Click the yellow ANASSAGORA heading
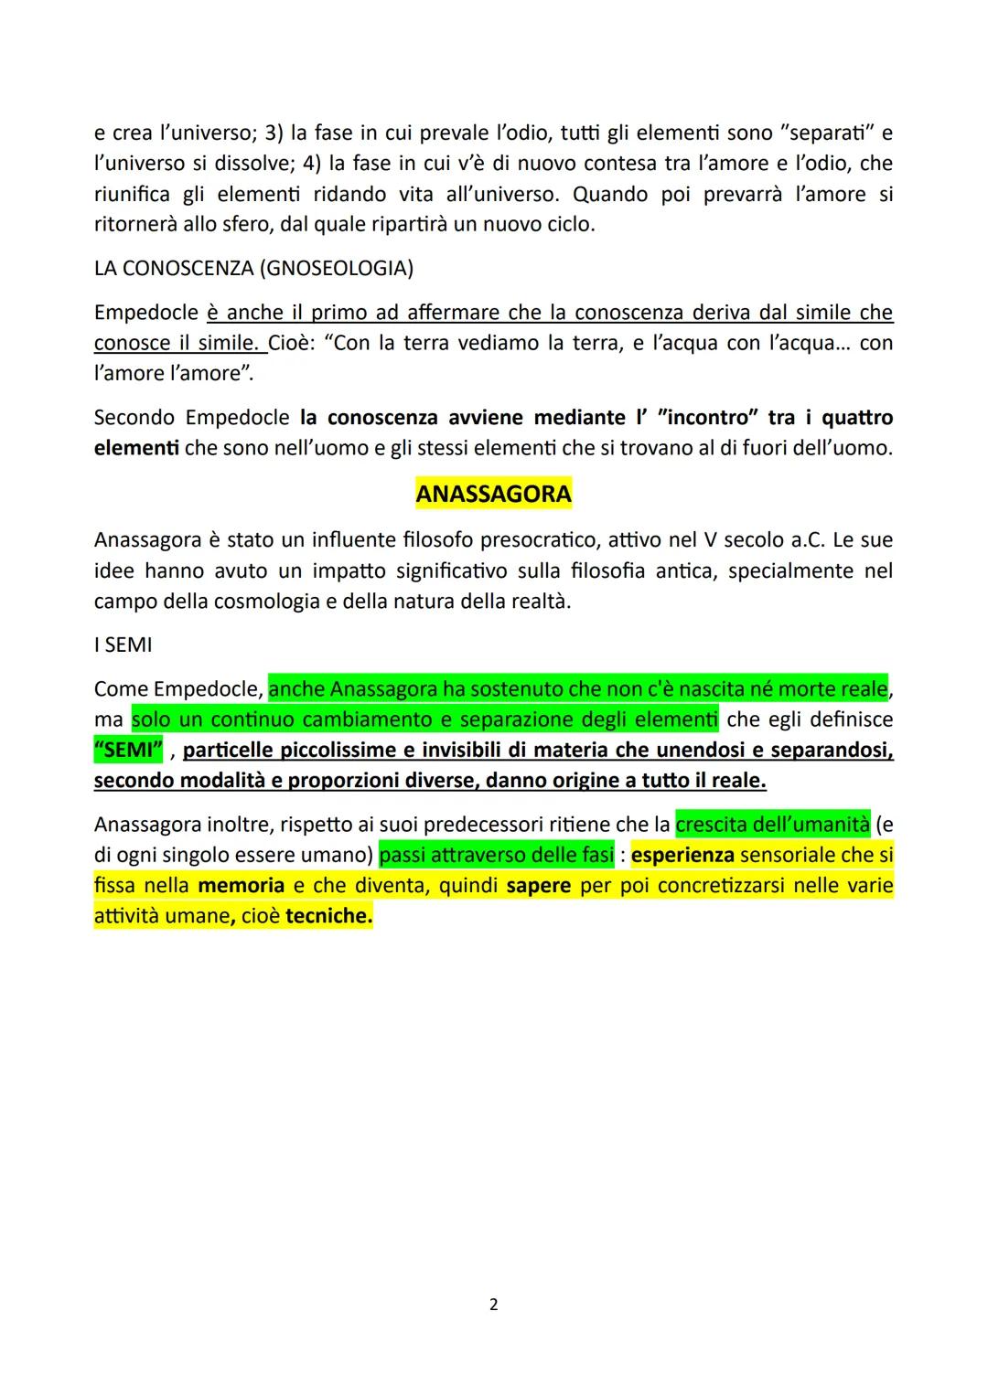(493, 495)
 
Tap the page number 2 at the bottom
(494, 1305)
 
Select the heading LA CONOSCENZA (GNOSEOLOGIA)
(253, 268)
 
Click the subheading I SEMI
(123, 645)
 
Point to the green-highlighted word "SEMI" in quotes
(128, 751)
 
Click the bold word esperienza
(682, 855)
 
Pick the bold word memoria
(241, 886)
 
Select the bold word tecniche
(328, 916)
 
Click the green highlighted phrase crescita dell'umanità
(772, 825)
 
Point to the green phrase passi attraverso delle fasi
(496, 855)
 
